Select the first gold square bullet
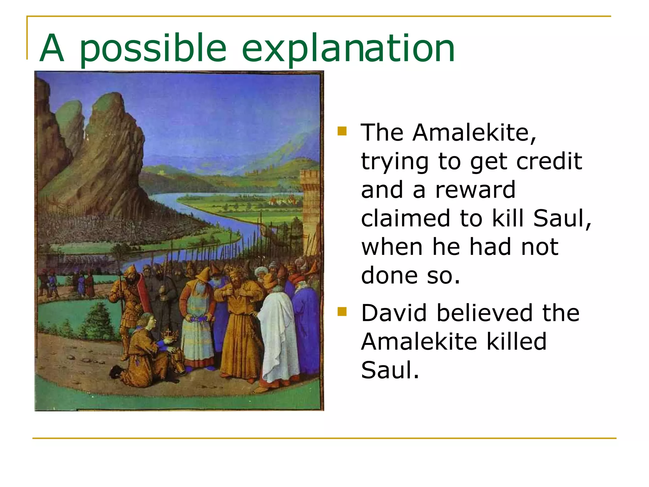(x=342, y=131)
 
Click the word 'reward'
(x=475, y=190)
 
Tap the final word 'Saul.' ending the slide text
(x=390, y=370)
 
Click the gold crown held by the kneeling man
(x=170, y=334)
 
